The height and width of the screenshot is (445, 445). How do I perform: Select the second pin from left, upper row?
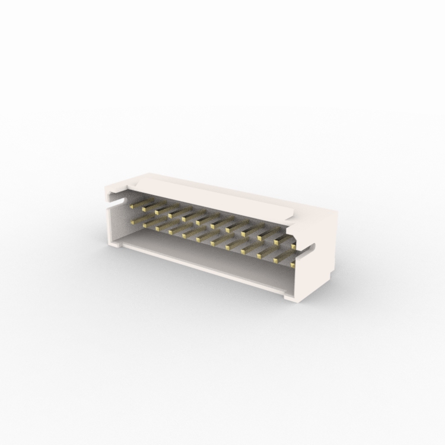coord(158,210)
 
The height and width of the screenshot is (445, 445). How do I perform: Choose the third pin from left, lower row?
coord(173,229)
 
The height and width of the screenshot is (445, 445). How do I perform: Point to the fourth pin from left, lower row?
coord(187,233)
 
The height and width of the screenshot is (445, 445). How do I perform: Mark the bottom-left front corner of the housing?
coord(110,244)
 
